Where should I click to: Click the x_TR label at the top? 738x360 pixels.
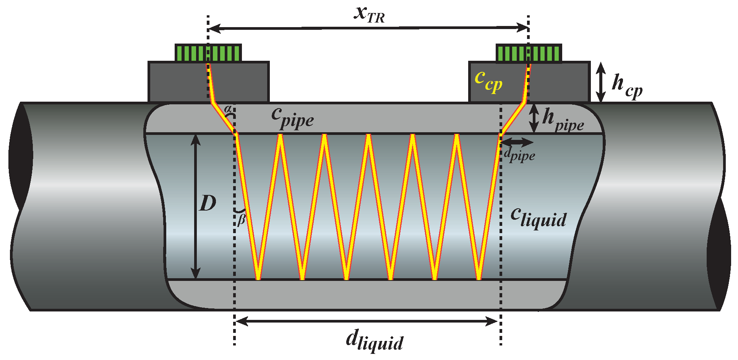[x=369, y=15]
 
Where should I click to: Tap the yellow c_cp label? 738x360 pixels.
[x=488, y=81]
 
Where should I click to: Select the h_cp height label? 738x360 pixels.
[x=626, y=86]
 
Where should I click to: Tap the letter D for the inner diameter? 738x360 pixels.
[x=208, y=203]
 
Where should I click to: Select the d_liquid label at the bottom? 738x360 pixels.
[x=374, y=340]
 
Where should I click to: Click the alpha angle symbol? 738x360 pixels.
[x=228, y=109]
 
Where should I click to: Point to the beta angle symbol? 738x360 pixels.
[x=241, y=220]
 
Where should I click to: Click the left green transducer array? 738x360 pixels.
[x=208, y=53]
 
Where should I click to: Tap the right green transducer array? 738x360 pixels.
[x=529, y=53]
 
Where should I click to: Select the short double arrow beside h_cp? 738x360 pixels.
[x=601, y=82]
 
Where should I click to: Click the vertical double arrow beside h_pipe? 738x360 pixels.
[x=534, y=118]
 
